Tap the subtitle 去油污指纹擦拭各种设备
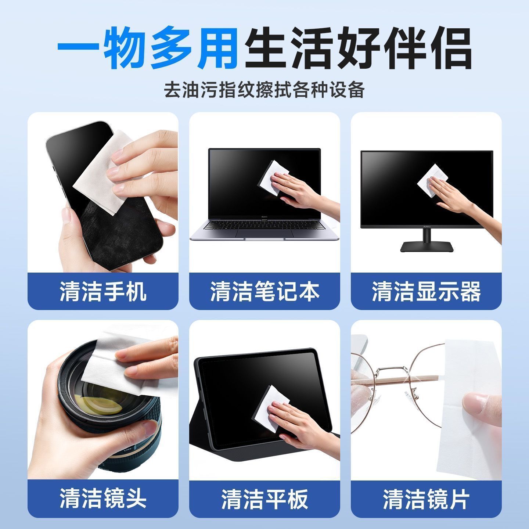pyautogui.click(x=264, y=90)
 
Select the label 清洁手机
pyautogui.click(x=103, y=291)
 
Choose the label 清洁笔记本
pyautogui.click(x=264, y=291)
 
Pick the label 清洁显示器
pyautogui.click(x=427, y=291)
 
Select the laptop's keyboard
pyautogui.click(x=264, y=226)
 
